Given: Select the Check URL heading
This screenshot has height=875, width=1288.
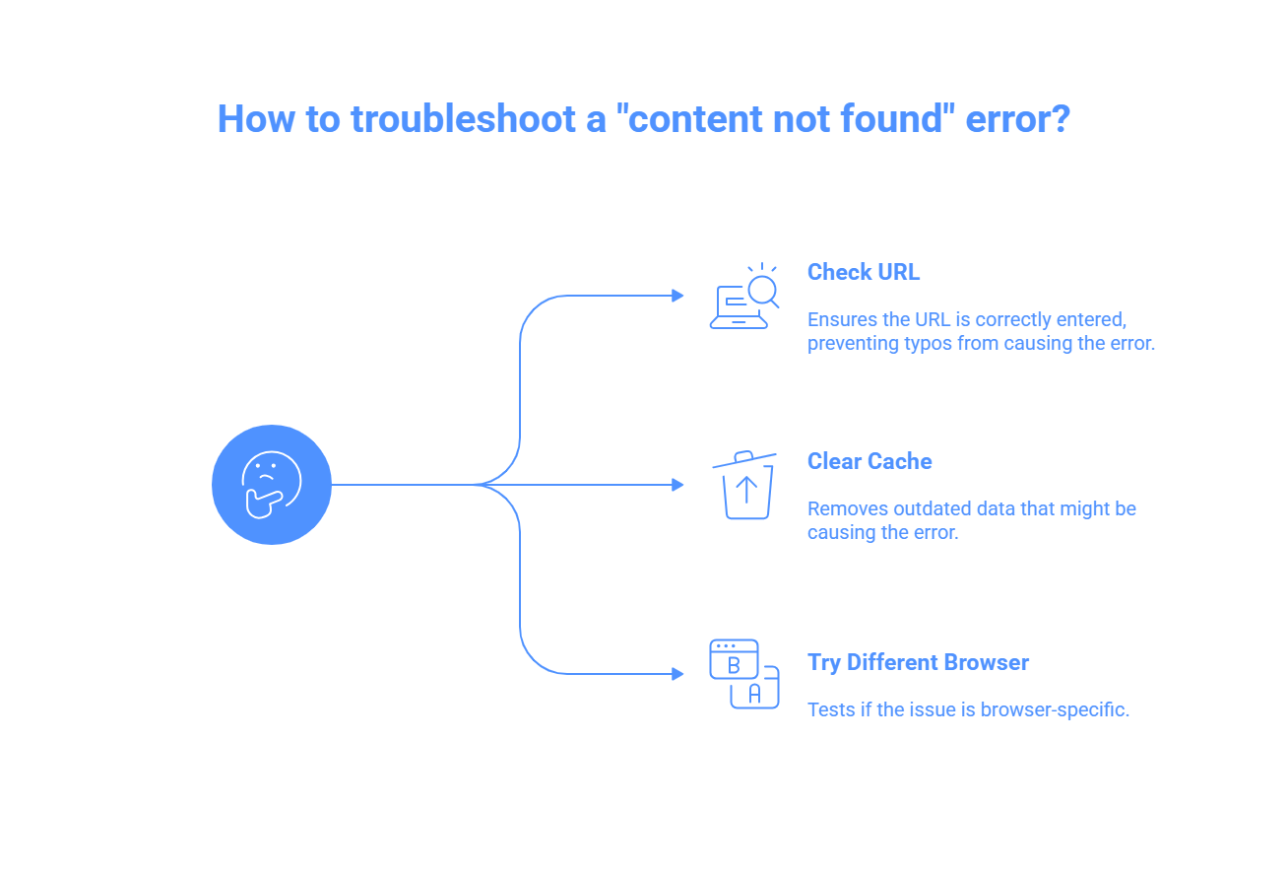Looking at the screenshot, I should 864,272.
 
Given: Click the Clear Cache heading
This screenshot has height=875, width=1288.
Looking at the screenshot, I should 869,461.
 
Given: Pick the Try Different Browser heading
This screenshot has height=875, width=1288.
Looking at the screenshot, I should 918,662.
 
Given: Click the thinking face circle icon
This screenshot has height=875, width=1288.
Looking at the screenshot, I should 272,485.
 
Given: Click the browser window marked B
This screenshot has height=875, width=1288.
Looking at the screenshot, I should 734,659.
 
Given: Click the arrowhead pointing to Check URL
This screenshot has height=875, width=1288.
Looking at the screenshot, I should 677,296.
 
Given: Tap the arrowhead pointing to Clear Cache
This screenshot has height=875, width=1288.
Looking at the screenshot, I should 677,485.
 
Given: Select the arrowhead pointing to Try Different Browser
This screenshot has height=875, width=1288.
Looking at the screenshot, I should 677,674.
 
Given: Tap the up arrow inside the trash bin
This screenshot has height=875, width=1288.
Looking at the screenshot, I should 746,491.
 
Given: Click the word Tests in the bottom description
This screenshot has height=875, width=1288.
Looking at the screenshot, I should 831,709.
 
